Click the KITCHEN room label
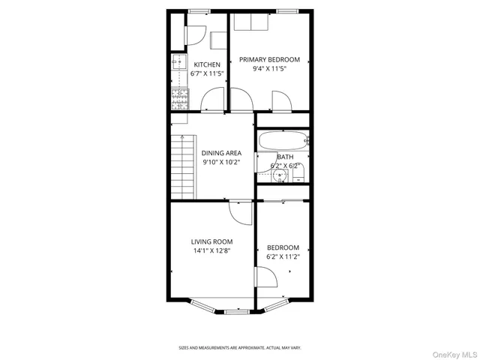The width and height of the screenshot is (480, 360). click(x=207, y=64)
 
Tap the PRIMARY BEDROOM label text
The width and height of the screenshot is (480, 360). click(x=269, y=59)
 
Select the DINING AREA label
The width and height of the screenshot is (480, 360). click(x=221, y=153)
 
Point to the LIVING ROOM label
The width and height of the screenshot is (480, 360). click(x=211, y=241)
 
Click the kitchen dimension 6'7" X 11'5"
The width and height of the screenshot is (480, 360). click(x=207, y=73)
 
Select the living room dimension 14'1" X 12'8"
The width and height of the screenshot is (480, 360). click(x=211, y=250)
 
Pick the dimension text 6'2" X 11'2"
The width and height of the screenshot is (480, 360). click(x=283, y=256)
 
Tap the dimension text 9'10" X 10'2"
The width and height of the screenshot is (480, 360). click(x=221, y=162)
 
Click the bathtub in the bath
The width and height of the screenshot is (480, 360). click(x=283, y=140)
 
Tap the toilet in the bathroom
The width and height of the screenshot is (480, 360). click(x=298, y=175)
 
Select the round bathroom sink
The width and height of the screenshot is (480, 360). click(x=279, y=175)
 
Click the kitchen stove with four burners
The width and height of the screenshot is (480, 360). click(x=179, y=96)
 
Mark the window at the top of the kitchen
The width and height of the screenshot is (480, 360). click(x=199, y=11)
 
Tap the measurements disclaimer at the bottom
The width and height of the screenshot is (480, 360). click(x=239, y=347)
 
